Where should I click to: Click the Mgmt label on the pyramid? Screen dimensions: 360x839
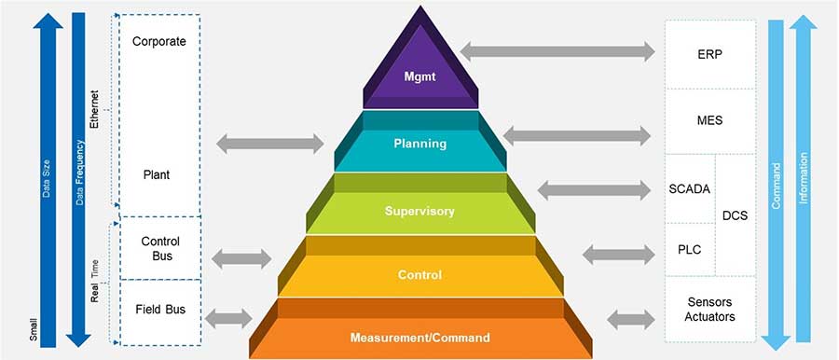pyautogui.click(x=420, y=76)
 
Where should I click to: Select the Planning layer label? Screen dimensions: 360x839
pyautogui.click(x=419, y=144)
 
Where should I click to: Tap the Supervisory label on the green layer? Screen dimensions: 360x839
pyautogui.click(x=420, y=211)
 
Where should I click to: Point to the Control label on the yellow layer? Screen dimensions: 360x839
pyautogui.click(x=419, y=275)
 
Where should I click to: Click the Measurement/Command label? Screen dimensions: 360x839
pyautogui.click(x=419, y=337)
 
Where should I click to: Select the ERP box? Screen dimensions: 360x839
pyautogui.click(x=709, y=54)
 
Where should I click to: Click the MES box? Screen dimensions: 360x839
pyautogui.click(x=709, y=120)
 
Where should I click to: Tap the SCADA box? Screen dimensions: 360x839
pyautogui.click(x=690, y=189)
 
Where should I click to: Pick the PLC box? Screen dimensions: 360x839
pyautogui.click(x=690, y=249)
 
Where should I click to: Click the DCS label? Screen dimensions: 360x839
pyautogui.click(x=736, y=216)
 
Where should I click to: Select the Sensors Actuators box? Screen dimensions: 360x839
pyautogui.click(x=709, y=310)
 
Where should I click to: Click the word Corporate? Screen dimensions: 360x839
pyautogui.click(x=159, y=41)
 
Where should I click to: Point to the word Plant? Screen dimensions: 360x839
pyautogui.click(x=156, y=174)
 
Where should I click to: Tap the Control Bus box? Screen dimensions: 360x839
pyautogui.click(x=160, y=248)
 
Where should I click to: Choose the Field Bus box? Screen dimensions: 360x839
pyautogui.click(x=160, y=309)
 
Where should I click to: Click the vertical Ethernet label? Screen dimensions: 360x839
pyautogui.click(x=93, y=110)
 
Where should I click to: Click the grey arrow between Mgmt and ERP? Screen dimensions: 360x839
pyautogui.click(x=557, y=51)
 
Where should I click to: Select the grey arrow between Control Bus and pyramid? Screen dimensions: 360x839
pyautogui.click(x=241, y=258)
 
